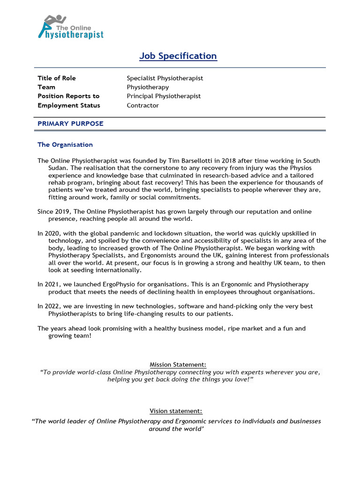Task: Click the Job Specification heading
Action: [178, 56]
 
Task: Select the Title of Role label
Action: [56, 78]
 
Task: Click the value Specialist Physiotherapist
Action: [165, 78]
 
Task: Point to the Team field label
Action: [46, 87]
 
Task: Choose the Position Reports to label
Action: [68, 96]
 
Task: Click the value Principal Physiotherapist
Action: [164, 96]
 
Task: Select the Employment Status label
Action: [68, 105]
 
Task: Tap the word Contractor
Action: [142, 105]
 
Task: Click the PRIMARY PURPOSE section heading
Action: [70, 124]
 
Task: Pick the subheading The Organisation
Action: [65, 145]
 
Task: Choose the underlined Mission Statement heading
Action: [178, 365]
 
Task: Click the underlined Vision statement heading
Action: [176, 411]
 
